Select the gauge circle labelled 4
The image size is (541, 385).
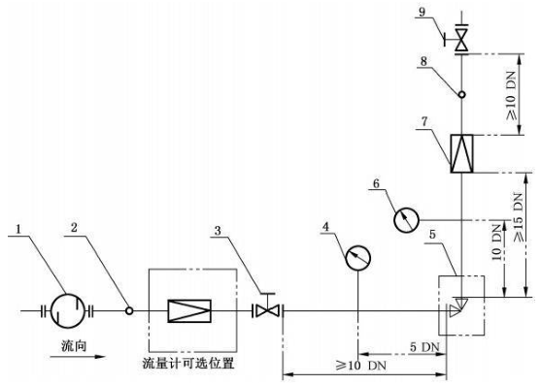359,257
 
